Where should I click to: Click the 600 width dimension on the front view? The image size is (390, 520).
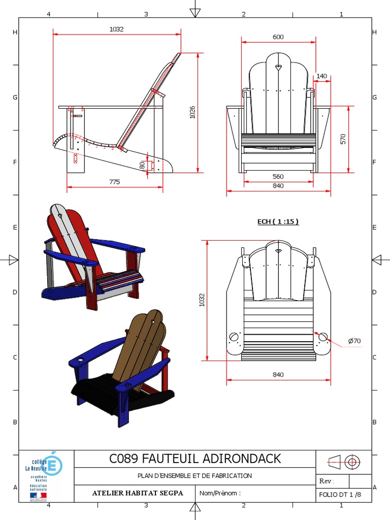(x=278, y=37)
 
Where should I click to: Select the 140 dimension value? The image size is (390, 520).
(x=322, y=76)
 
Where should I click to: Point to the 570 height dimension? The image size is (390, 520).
(x=343, y=139)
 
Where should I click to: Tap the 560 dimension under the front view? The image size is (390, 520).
(x=278, y=177)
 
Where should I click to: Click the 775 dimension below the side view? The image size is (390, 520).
(x=114, y=182)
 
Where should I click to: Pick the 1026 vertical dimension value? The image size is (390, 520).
(x=192, y=112)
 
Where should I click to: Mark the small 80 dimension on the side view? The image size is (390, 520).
(x=143, y=165)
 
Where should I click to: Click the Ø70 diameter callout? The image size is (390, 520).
(x=354, y=341)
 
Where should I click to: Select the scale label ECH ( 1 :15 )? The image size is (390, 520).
(x=278, y=221)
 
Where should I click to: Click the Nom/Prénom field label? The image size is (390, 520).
(x=220, y=493)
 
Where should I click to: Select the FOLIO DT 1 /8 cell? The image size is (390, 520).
(x=340, y=494)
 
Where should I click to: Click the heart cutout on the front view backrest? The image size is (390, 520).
(x=278, y=66)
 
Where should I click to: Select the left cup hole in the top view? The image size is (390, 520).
(x=234, y=337)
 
